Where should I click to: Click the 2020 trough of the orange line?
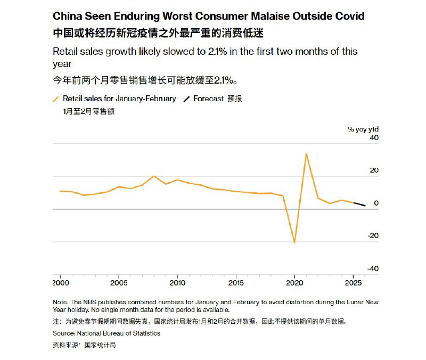(294, 242)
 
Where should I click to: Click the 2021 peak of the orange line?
(306, 154)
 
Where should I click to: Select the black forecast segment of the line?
(359, 204)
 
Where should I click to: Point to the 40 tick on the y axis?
(374, 138)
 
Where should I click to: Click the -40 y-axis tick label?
(372, 269)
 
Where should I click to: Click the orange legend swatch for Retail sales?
(56, 99)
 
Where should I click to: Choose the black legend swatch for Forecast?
(186, 99)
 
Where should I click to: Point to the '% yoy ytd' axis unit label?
(363, 129)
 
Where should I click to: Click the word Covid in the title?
(348, 17)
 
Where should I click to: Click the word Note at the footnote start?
(60, 302)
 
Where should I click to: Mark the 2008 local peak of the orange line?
(154, 176)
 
